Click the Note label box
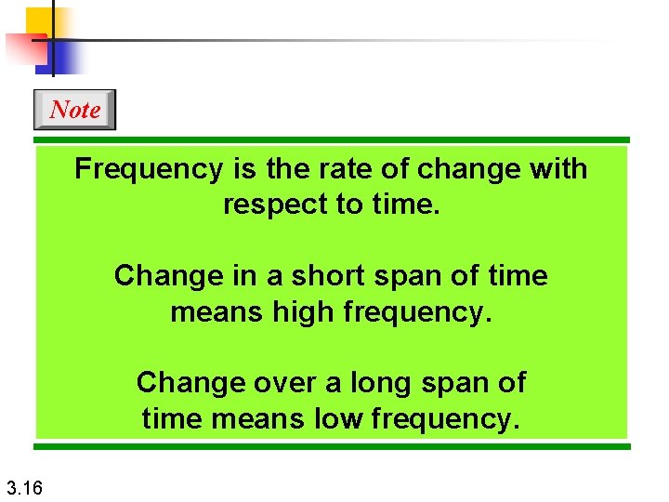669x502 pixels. click(74, 110)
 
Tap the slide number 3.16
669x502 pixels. click(23, 486)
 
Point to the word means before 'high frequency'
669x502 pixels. click(211, 311)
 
